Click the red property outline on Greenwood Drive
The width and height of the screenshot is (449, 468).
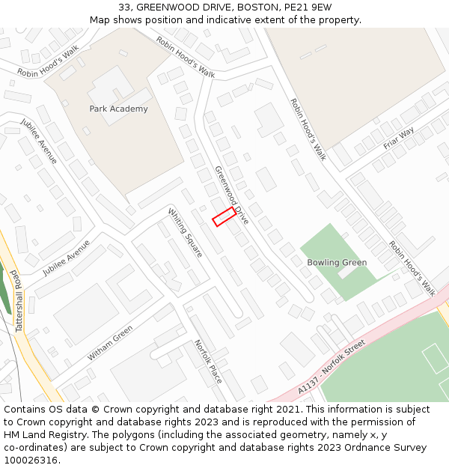click(224, 216)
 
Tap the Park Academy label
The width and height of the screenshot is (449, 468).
click(118, 109)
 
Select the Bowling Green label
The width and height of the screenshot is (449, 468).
click(337, 263)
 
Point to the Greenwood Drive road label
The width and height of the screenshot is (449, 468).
click(232, 195)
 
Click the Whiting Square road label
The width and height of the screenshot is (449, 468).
click(186, 232)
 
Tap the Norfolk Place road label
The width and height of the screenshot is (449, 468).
click(208, 361)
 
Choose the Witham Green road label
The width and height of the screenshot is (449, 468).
click(110, 343)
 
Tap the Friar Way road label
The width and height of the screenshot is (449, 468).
click(398, 138)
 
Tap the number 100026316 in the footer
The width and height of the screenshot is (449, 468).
click(31, 461)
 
